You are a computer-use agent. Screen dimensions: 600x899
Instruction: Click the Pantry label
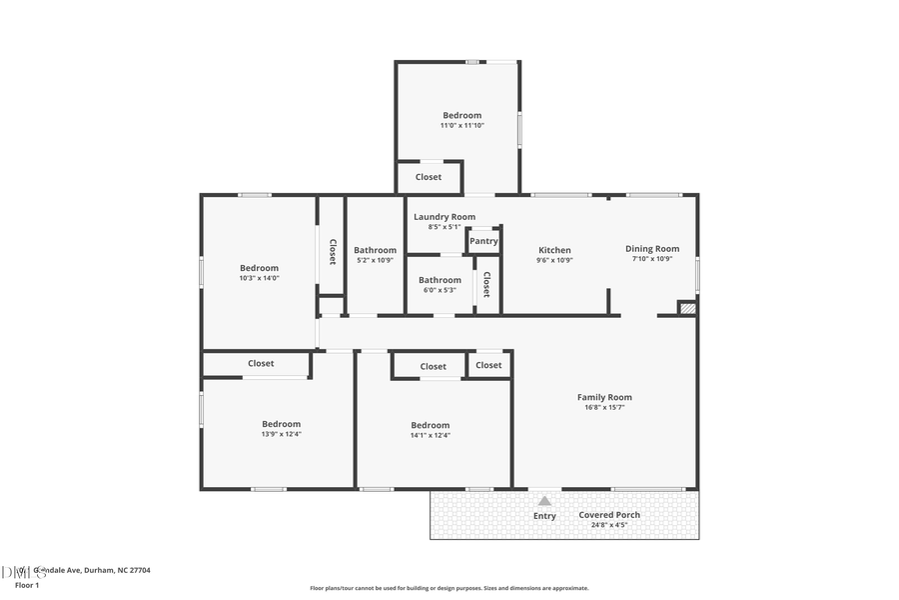(483, 241)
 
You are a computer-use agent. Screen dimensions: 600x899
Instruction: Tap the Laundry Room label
(445, 217)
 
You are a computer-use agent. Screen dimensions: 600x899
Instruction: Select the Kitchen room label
(554, 250)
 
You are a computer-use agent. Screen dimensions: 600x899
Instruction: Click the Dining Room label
(652, 249)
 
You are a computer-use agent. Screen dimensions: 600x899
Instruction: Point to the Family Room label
(604, 397)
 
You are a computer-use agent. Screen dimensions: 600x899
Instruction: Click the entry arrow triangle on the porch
(544, 500)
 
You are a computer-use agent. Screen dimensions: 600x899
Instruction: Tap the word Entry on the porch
(544, 516)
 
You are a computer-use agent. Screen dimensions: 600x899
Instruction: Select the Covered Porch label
(609, 515)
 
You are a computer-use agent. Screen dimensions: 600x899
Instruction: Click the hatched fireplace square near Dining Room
(686, 309)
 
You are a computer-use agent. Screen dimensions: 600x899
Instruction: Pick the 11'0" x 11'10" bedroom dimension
(461, 126)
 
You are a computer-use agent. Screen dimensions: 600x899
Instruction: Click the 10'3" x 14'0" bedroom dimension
(259, 278)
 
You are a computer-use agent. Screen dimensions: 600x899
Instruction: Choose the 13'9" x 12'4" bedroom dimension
(281, 434)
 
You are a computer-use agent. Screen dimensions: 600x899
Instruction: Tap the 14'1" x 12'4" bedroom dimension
(430, 435)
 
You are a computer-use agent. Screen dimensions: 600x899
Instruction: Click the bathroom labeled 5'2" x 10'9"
(375, 261)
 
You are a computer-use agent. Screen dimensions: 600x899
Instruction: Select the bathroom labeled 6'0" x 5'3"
(440, 291)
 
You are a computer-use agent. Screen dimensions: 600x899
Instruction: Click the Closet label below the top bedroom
(429, 177)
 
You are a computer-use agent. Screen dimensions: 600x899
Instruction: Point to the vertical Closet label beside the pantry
(486, 285)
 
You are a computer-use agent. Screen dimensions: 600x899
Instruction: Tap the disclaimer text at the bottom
(449, 588)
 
